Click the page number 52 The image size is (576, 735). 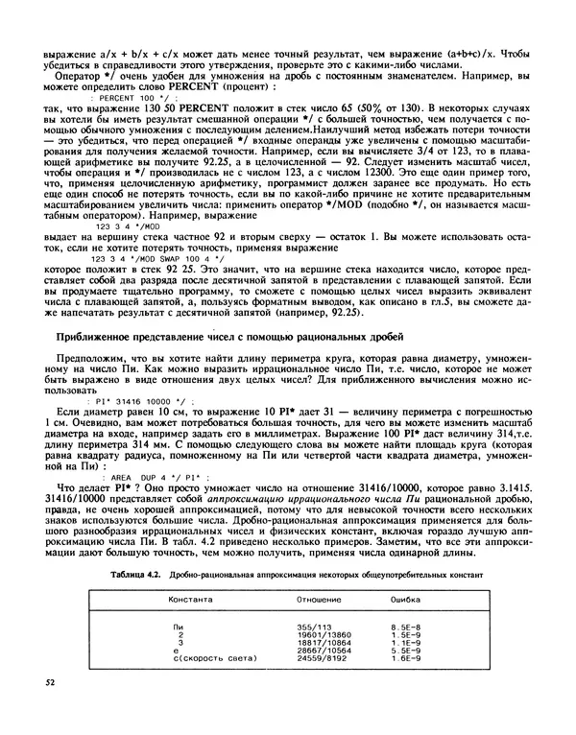click(51, 710)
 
